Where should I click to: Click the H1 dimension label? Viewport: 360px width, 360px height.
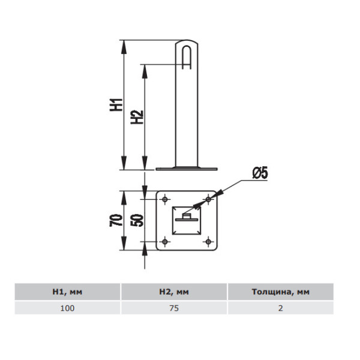(x=116, y=105)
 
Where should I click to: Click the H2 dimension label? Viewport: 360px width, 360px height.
(x=137, y=118)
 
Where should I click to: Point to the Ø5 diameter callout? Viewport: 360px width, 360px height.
(x=260, y=173)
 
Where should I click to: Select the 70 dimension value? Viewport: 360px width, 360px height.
(x=116, y=220)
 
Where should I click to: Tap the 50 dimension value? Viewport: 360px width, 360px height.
(x=137, y=220)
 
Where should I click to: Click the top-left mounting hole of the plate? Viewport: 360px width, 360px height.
(x=165, y=199)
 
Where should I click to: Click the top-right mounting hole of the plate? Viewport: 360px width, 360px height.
(x=208, y=199)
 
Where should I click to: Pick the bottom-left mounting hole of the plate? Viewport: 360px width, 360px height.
(x=165, y=242)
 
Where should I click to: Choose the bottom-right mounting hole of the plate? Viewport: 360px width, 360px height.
(x=208, y=242)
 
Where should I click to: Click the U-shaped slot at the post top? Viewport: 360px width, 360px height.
(x=187, y=57)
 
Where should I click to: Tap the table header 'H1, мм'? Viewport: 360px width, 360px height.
(x=67, y=292)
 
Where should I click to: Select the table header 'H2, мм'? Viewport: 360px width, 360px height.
(x=174, y=292)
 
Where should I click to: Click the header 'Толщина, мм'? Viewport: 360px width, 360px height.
(x=281, y=292)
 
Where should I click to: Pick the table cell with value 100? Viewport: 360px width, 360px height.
(x=67, y=308)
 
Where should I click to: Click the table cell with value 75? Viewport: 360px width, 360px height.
(x=174, y=308)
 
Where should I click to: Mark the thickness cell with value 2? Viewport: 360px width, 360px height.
(x=281, y=308)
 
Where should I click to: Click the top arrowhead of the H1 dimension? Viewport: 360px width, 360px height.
(x=124, y=47)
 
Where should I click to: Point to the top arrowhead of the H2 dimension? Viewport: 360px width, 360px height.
(x=145, y=71)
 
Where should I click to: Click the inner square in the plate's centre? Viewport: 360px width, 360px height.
(x=187, y=220)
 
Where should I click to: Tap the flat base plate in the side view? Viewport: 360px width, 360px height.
(x=187, y=169)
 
